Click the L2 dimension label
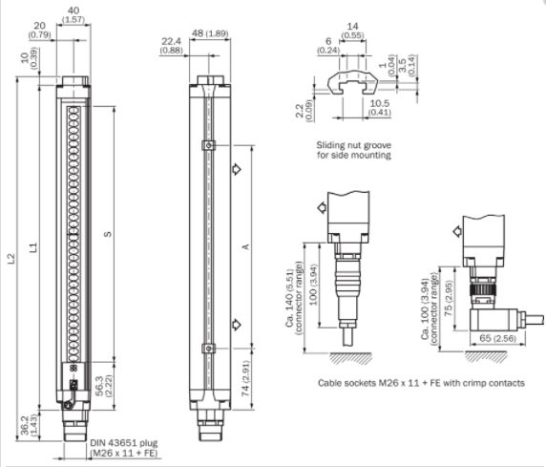11,258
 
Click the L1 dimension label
33,247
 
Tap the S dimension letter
108,234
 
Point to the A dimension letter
246,246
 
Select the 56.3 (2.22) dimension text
103,386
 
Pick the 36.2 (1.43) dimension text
29,425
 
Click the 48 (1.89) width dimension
210,33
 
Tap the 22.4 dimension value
171,41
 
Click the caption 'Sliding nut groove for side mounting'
353,150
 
